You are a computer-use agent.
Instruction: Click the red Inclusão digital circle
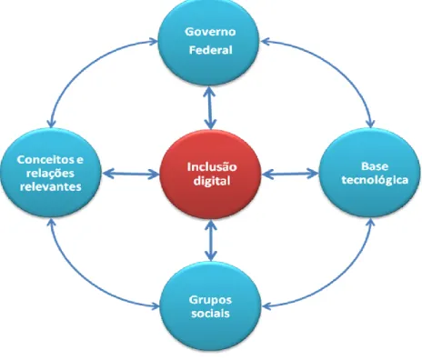210,175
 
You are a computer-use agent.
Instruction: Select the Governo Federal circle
208,42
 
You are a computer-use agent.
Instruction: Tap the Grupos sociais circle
210,306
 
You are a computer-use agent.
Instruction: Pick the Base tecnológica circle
370,173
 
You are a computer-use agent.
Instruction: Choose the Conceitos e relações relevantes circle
51,173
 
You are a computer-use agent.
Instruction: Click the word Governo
210,32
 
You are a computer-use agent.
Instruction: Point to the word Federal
211,50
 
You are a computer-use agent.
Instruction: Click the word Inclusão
212,167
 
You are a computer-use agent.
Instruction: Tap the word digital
212,181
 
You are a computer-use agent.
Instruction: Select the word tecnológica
375,180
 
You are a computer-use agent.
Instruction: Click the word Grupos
210,300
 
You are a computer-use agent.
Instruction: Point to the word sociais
210,313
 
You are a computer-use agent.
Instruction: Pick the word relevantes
51,186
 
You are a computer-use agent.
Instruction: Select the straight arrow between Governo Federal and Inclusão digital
210,107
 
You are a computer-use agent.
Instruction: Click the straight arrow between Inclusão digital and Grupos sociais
211,240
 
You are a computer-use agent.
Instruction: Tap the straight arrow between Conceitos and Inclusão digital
131,174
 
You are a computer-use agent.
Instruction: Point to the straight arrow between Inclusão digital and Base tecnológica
290,174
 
